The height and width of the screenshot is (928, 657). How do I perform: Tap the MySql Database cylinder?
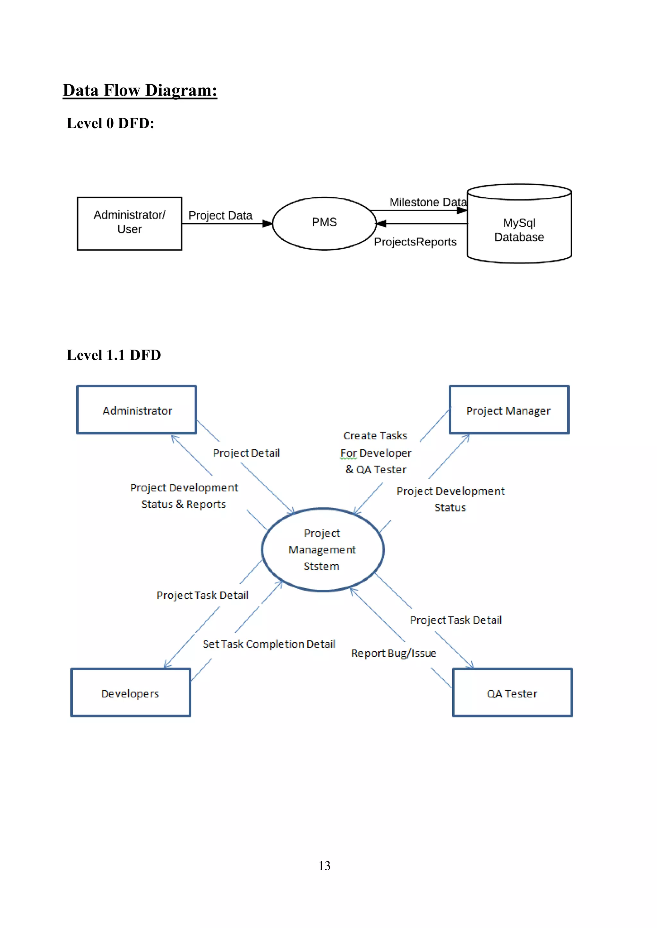pos(519,229)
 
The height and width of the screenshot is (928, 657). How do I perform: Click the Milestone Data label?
pos(428,202)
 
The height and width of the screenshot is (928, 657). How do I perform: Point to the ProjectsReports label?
pos(415,242)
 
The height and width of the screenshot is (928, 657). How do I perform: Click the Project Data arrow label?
pos(220,215)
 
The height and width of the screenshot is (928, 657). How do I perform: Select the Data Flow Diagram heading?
pos(140,90)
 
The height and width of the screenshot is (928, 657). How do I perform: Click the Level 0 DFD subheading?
pos(110,123)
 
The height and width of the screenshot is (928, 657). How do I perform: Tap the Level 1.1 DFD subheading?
pos(114,355)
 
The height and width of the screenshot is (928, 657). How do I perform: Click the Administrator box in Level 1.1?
pos(137,410)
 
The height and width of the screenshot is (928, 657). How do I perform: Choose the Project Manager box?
pos(509,410)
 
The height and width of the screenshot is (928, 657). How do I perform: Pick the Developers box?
pos(131,693)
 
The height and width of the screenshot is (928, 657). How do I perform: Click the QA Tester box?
pos(512,693)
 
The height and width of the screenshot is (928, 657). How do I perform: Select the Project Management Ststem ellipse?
pos(322,550)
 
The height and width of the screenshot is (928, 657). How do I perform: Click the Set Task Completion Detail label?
pos(269,644)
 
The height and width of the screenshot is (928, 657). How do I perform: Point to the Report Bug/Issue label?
pos(393,653)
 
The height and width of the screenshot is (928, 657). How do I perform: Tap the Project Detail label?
pos(246,453)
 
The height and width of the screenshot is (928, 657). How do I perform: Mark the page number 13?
pos(324,866)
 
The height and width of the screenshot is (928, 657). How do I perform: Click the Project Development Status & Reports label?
pos(184,496)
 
